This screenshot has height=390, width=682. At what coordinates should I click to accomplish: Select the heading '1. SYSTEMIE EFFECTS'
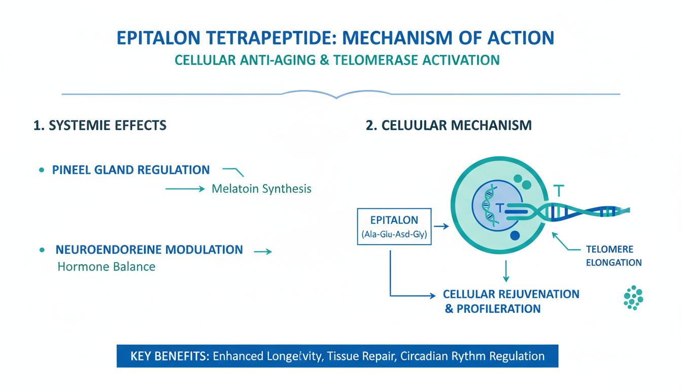click(100, 125)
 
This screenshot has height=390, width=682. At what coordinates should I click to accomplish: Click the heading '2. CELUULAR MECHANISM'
click(449, 125)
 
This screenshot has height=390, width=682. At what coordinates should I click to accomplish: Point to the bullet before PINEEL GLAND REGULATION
click(42, 170)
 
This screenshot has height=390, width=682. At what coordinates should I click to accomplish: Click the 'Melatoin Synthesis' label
click(261, 188)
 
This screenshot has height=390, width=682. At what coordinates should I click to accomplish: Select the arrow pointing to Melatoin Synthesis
click(185, 189)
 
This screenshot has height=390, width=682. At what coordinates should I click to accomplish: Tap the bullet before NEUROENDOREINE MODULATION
click(42, 250)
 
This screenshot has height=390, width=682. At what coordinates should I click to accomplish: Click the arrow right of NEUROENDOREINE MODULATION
click(263, 251)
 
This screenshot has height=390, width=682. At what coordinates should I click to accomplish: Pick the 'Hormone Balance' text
click(106, 267)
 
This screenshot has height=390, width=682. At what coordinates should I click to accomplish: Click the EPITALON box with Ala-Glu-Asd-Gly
click(394, 226)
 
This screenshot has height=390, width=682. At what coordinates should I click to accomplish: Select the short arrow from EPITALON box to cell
click(441, 226)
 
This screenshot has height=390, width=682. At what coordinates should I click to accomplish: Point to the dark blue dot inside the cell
click(515, 235)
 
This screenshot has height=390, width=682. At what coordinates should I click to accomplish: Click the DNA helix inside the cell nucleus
click(489, 207)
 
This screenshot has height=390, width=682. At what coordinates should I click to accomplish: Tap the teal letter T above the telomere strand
click(559, 191)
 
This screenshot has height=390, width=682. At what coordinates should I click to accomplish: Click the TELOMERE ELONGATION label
click(614, 256)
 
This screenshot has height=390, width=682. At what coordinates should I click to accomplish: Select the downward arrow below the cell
click(506, 271)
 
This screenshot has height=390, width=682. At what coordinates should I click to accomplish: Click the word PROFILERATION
click(498, 309)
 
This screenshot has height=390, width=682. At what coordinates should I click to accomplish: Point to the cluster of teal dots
click(633, 298)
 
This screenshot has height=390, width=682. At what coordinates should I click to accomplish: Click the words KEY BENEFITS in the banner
click(169, 356)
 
